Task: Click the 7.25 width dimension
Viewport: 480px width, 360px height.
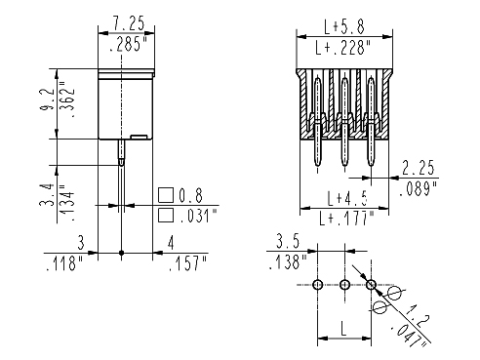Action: coord(129,23)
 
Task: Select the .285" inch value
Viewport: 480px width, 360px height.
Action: coord(129,44)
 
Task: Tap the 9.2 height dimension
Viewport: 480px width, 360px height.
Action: coord(47,99)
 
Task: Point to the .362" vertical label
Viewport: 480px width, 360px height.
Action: coord(68,99)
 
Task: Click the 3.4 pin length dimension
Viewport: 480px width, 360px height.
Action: coord(47,195)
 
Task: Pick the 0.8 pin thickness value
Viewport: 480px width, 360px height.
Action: coord(190,195)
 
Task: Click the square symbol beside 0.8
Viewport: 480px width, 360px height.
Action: coord(166,195)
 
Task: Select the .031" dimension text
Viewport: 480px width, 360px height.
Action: coord(198,216)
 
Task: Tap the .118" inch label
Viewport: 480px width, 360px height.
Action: coord(65,263)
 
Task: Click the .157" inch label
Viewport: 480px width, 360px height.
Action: coord(188,263)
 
